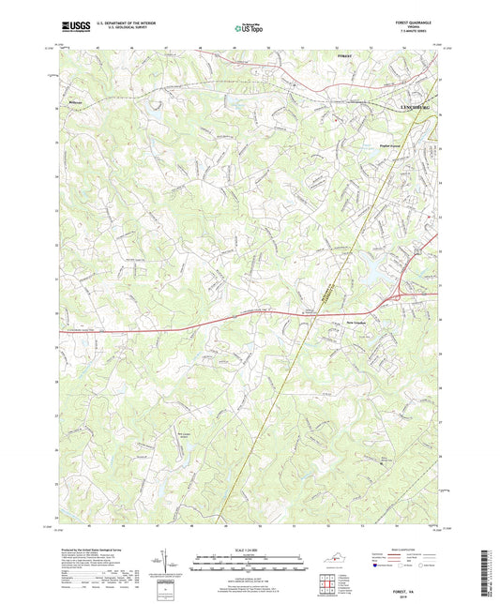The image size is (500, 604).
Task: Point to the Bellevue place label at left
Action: (x=77, y=95)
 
